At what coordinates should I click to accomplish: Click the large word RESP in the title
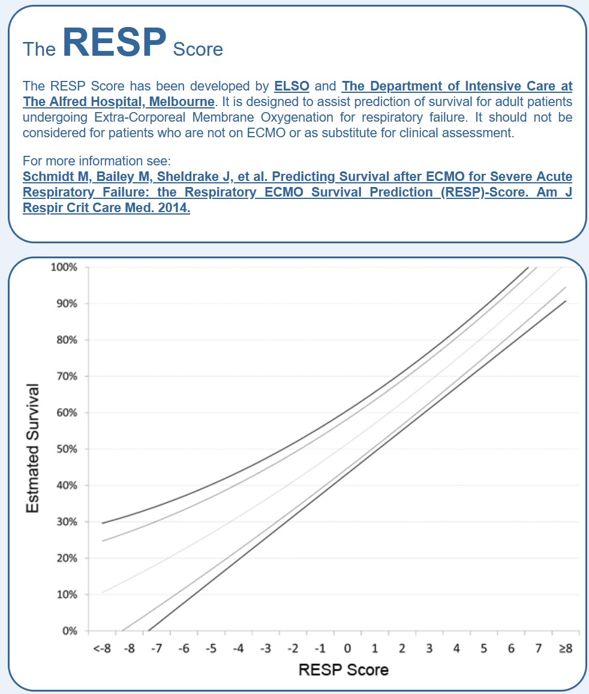click(115, 42)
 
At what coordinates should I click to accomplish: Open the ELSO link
click(292, 86)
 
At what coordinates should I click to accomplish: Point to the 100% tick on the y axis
click(64, 267)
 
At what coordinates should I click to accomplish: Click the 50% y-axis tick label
click(67, 449)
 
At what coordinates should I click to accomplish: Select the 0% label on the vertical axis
click(70, 630)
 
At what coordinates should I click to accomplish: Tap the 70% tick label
click(67, 376)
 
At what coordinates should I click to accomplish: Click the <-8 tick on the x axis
click(102, 648)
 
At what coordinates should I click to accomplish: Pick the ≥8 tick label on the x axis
click(566, 648)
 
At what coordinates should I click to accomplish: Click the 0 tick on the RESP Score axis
click(347, 648)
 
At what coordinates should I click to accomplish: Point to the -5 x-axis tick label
click(211, 648)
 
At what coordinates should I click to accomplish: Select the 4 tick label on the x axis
click(456, 648)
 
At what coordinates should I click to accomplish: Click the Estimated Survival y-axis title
click(32, 448)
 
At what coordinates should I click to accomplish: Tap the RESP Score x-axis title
click(344, 669)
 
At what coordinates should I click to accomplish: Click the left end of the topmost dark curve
click(103, 523)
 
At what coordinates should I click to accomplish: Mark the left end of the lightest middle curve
click(103, 592)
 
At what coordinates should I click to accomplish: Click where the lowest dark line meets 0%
click(149, 630)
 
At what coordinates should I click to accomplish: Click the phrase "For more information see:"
click(97, 161)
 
